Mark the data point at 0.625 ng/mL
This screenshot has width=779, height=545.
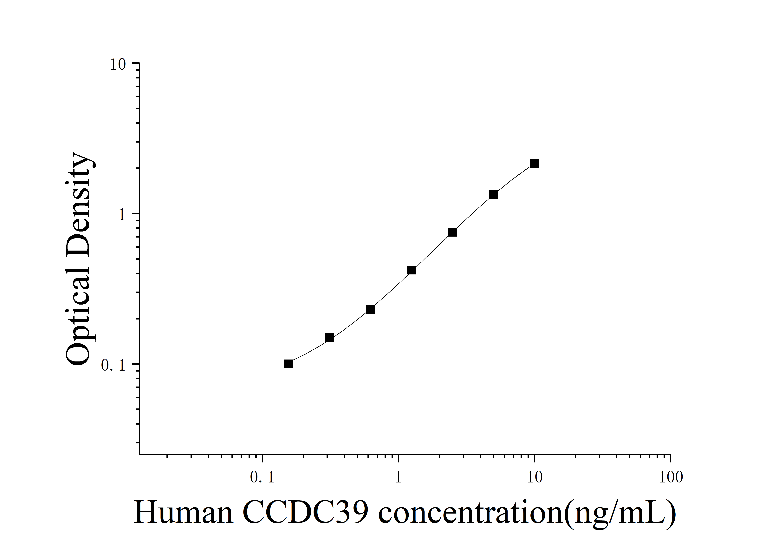pos(371,310)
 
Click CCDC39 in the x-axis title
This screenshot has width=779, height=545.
pos(305,513)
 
